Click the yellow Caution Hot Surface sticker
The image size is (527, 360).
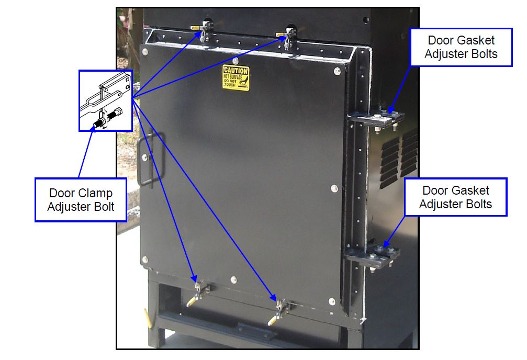point(236,78)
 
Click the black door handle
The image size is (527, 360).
point(149,159)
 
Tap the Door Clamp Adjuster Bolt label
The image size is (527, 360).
point(81,200)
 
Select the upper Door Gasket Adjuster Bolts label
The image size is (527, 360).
point(461,47)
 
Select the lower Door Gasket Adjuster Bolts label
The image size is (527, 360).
point(455,197)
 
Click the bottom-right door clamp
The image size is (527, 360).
point(281,309)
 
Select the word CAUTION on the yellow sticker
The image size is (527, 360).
point(236,70)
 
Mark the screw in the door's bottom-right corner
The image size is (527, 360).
point(331,301)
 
